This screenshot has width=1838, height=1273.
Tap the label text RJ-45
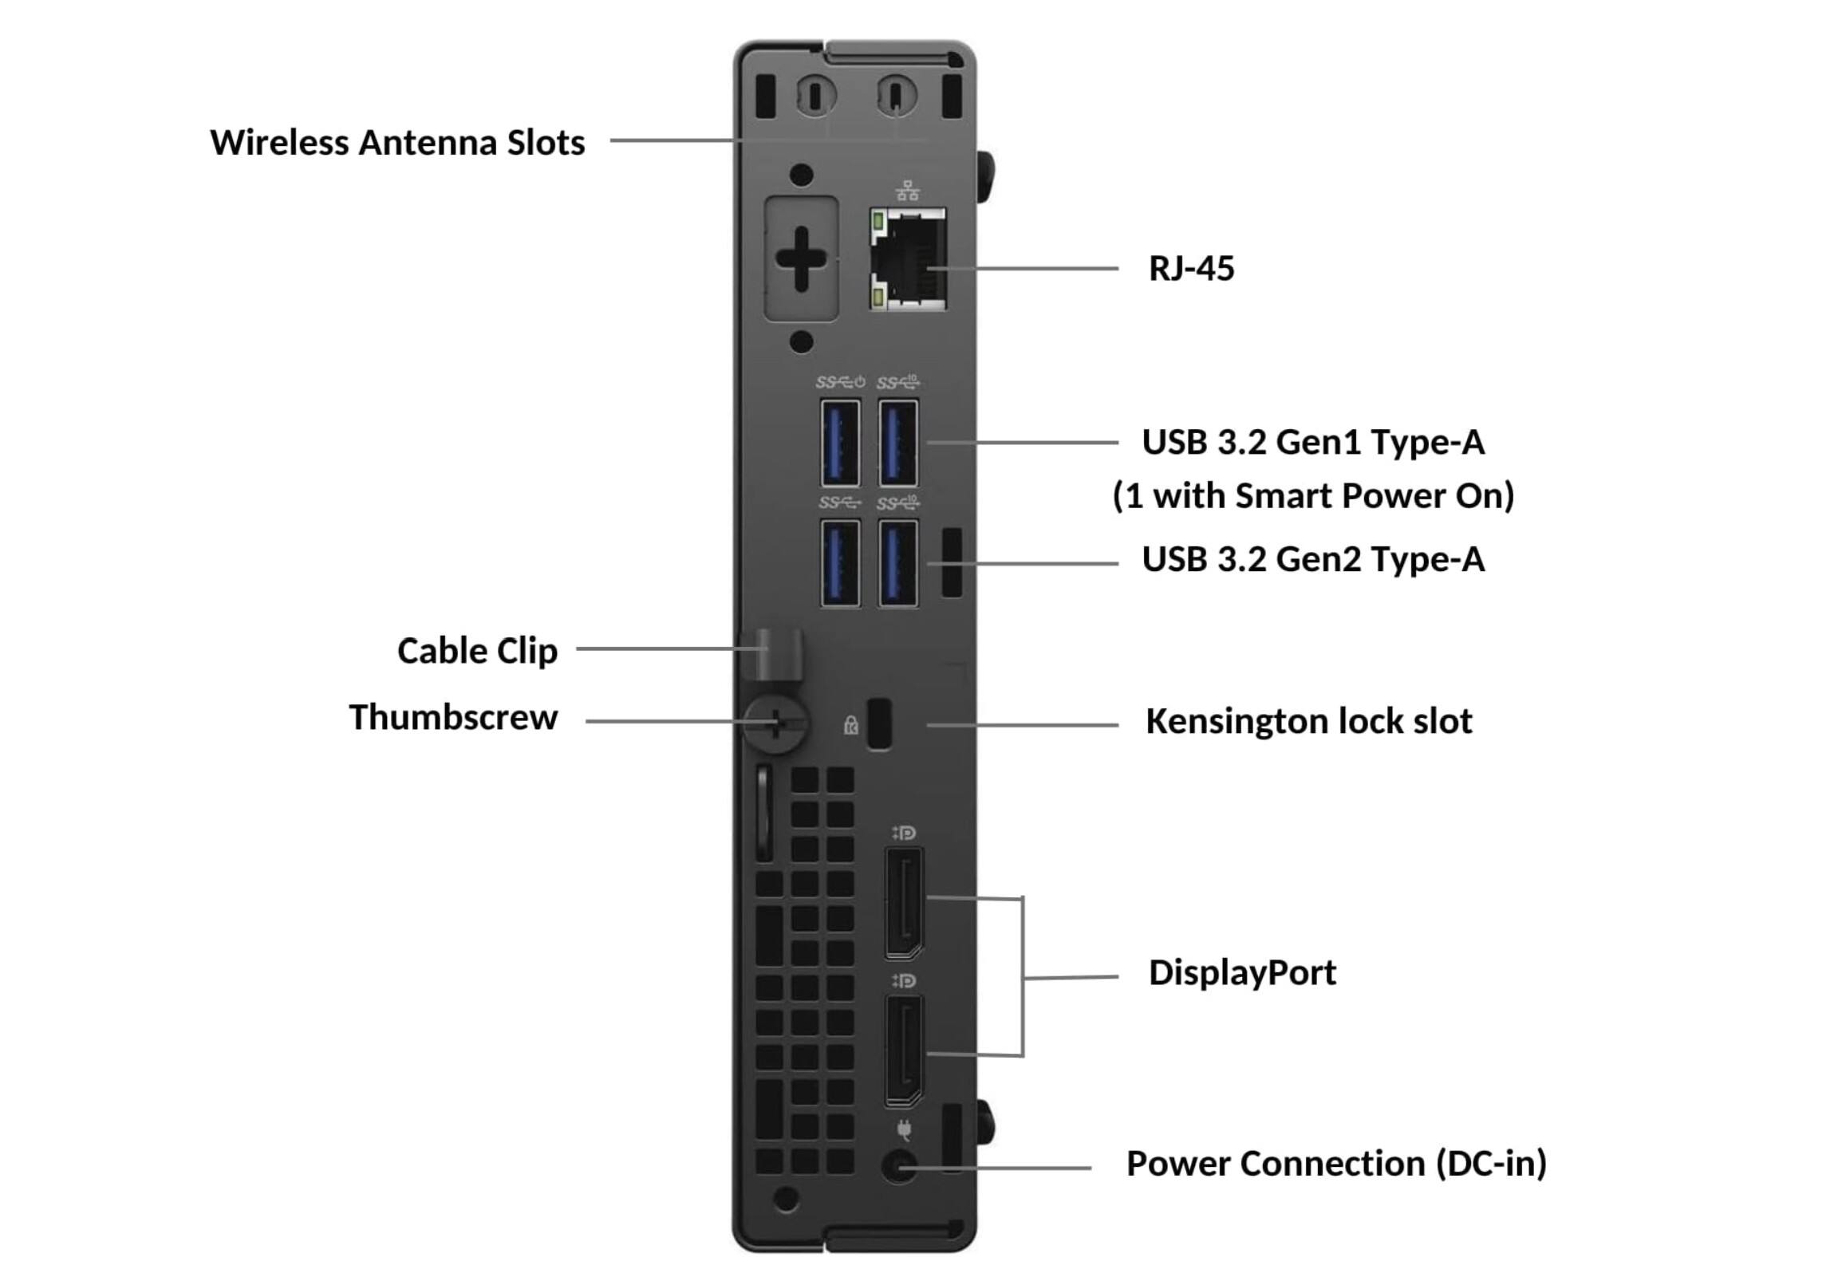(x=1190, y=269)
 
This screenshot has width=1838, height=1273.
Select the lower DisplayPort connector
(x=904, y=1050)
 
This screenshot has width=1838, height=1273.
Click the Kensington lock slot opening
(x=879, y=723)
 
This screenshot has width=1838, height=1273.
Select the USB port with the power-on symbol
(x=840, y=443)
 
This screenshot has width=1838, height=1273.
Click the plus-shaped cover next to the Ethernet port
(x=801, y=258)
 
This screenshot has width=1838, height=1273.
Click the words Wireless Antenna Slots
(x=397, y=143)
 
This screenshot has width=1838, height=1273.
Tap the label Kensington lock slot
(x=1308, y=721)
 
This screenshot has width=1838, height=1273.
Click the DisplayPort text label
(x=1241, y=973)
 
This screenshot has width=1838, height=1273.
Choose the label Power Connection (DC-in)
(x=1335, y=1164)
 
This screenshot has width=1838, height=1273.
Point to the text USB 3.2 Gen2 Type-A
(x=1312, y=559)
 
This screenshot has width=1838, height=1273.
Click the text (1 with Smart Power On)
(x=1312, y=495)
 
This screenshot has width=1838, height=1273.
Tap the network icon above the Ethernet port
(x=907, y=191)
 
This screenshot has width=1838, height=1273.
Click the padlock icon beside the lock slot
(x=851, y=725)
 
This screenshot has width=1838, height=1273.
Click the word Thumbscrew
(x=453, y=718)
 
